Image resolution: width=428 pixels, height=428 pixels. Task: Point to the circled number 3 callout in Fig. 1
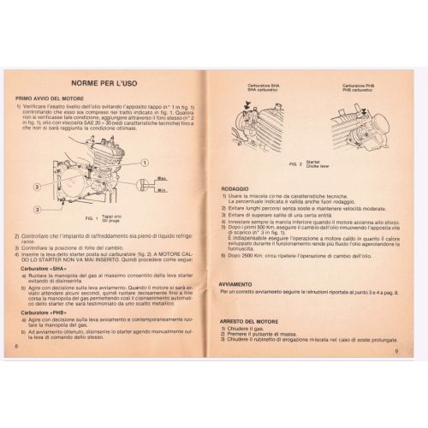point(39,209)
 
